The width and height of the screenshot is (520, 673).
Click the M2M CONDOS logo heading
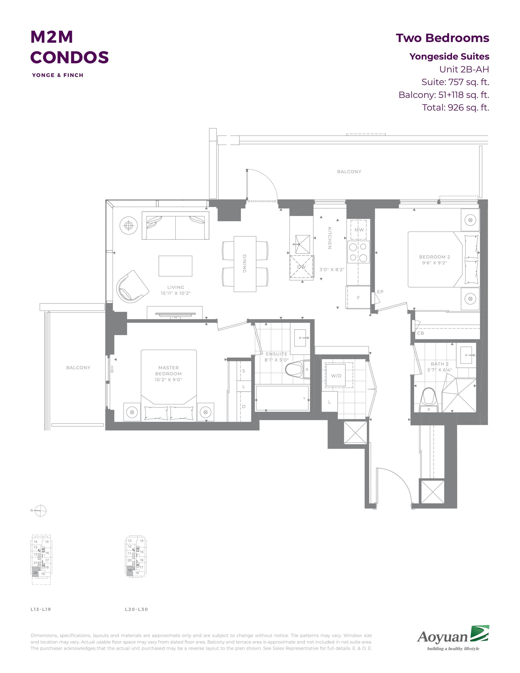click(x=70, y=47)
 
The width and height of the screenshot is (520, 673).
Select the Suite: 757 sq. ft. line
click(x=455, y=82)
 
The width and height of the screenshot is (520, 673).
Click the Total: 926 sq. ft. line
click(x=456, y=107)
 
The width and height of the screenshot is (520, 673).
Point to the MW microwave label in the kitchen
click(x=359, y=230)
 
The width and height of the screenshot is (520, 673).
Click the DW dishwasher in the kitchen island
click(x=301, y=267)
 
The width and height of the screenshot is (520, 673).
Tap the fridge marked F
click(x=358, y=297)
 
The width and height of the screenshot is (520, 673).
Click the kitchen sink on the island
click(x=302, y=244)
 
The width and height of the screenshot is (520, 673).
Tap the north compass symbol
click(x=40, y=511)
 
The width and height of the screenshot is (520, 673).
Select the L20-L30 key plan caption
click(x=136, y=609)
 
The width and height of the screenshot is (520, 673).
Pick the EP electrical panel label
click(x=380, y=291)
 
